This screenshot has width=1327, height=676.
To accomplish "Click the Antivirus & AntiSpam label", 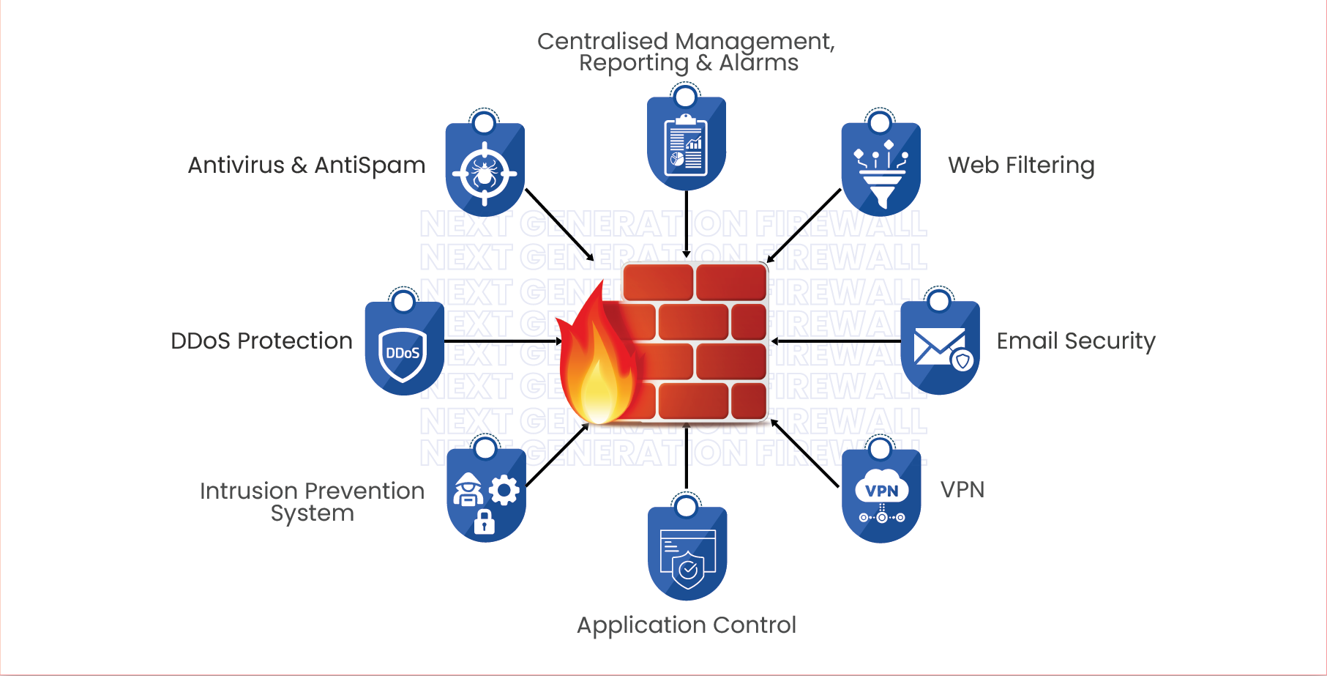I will [x=307, y=166].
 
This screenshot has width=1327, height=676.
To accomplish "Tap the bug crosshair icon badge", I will [x=485, y=171].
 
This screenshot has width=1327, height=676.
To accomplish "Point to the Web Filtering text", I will [x=1021, y=166].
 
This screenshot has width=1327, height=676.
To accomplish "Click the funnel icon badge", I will [x=881, y=171].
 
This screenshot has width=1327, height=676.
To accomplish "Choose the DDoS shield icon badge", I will [x=404, y=350].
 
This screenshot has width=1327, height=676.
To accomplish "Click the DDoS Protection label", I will [x=261, y=341].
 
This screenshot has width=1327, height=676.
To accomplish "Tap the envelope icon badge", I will [x=940, y=349].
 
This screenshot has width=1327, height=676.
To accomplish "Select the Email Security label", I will [x=1076, y=341].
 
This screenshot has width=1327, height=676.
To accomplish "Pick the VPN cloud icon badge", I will [x=881, y=497].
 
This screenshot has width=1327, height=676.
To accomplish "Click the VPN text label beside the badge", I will [x=962, y=489].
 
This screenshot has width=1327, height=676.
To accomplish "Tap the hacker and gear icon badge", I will [x=486, y=497].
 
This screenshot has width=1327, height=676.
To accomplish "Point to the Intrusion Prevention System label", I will [x=313, y=502].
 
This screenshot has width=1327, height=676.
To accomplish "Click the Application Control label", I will [x=687, y=625].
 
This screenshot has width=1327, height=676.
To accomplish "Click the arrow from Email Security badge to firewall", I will [x=836, y=341].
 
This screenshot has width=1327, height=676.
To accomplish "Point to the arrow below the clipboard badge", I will [x=687, y=223].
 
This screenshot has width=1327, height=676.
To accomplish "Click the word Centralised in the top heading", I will [x=602, y=42].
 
